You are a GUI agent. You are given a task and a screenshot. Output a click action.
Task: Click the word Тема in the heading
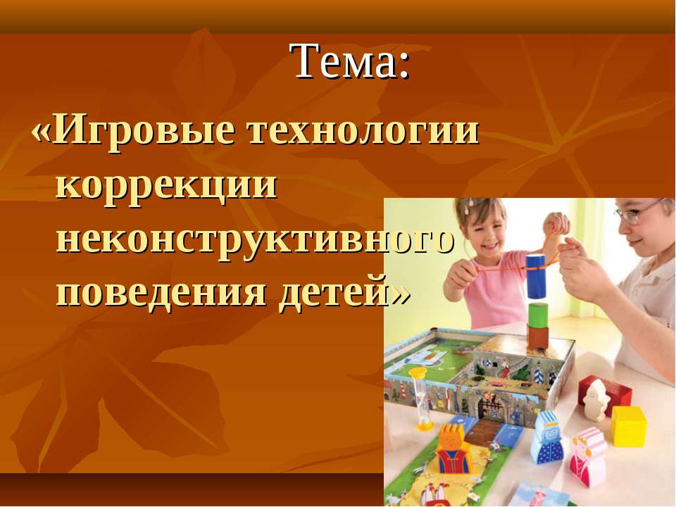click(343, 61)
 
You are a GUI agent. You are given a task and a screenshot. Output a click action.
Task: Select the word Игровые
click(145, 132)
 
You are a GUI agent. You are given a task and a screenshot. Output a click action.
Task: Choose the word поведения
click(161, 293)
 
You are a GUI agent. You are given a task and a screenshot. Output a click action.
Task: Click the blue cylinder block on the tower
click(536, 275)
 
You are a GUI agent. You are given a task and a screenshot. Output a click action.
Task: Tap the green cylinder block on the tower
click(538, 314)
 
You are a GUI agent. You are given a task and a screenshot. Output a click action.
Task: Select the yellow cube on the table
click(629, 426)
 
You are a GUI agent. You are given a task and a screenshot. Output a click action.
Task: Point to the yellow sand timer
click(419, 399)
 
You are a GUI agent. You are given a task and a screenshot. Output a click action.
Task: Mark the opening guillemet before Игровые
click(42, 133)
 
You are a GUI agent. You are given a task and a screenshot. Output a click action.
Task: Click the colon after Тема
click(403, 66)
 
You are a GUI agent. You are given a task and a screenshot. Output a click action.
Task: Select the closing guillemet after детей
click(400, 296)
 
